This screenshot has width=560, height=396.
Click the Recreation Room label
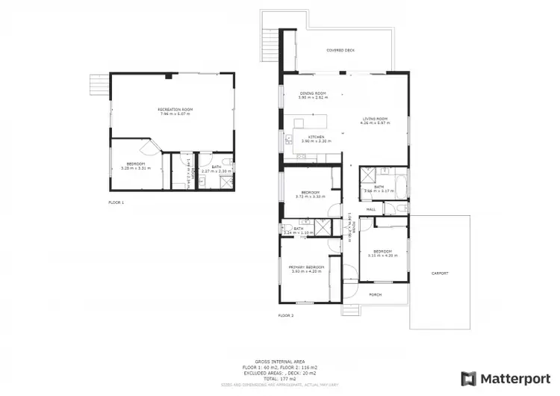[x=175, y=109]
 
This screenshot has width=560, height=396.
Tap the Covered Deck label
[x=340, y=50]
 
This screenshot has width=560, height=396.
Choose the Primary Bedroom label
[x=307, y=267]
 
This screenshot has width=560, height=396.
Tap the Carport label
[x=440, y=273]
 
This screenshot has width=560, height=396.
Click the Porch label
[x=376, y=294]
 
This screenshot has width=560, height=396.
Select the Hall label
[x=370, y=209]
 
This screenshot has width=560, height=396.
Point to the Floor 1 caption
[x=116, y=202]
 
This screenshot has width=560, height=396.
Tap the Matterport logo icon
[x=468, y=378]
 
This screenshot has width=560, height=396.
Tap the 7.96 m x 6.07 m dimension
[x=175, y=114]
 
